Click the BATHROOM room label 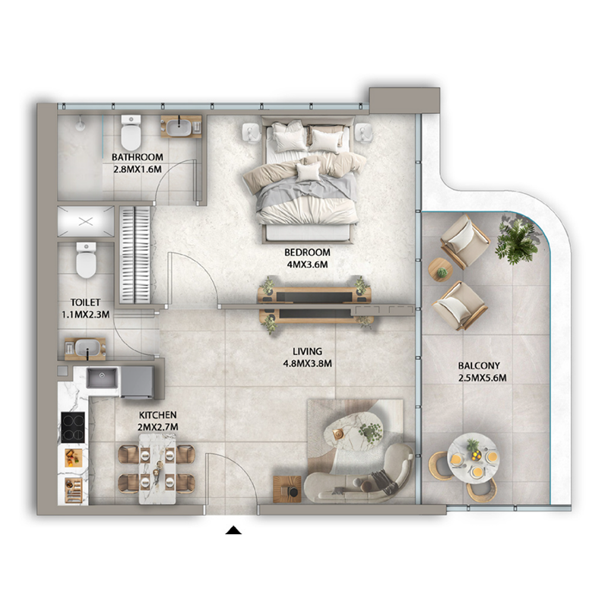tap(137, 157)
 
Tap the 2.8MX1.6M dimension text tap(137, 169)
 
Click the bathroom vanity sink tap(180, 126)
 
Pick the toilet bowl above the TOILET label tap(86, 260)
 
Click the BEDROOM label tap(307, 252)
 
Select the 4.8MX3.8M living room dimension tap(307, 363)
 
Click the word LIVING tap(307, 352)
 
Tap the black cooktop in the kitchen tap(74, 426)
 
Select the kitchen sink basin tap(101, 377)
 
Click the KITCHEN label tap(157, 415)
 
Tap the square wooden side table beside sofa tap(287, 488)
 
